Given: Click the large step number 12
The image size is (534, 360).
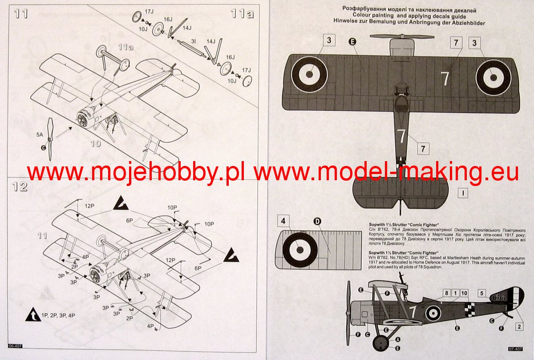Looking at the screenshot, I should pyautogui.click(x=20, y=186).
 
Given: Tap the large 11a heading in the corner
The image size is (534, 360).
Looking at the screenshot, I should pyautogui.click(x=242, y=14).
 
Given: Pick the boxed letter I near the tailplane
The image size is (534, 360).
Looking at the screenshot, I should pyautogui.click(x=463, y=193).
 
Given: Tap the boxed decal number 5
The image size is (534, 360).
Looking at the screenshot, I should pyautogui.click(x=481, y=293).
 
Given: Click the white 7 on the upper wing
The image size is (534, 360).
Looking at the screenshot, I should pyautogui.click(x=445, y=78).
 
